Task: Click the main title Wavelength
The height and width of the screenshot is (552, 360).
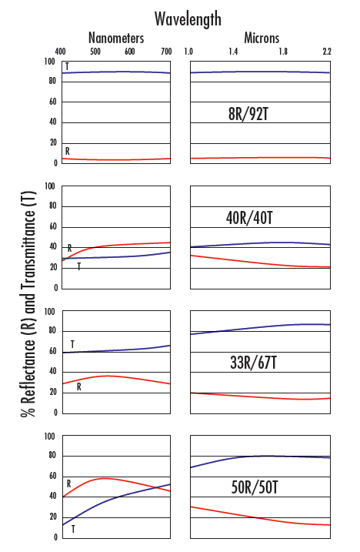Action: [x=188, y=19]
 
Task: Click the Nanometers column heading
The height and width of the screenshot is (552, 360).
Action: [x=116, y=38]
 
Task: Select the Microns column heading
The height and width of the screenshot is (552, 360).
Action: [x=262, y=38]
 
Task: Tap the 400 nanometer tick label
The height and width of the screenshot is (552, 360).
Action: [x=60, y=52]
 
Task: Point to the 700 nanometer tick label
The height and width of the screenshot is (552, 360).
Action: [x=166, y=52]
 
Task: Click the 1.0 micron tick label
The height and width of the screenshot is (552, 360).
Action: [x=188, y=52]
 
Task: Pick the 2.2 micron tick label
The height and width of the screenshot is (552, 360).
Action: [x=327, y=52]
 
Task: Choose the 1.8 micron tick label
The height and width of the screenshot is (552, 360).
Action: [x=283, y=52]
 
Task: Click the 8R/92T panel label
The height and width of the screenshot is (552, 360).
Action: [x=248, y=114]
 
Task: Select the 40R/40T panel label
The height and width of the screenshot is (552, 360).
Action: [x=249, y=218]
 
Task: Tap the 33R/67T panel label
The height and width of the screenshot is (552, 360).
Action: [x=253, y=363]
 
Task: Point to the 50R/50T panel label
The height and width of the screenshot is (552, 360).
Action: [x=255, y=487]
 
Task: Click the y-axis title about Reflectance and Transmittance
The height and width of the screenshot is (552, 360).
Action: [x=28, y=304]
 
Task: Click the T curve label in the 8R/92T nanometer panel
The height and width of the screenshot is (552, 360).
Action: [x=67, y=66]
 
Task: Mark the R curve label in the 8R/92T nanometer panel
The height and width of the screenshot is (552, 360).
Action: [x=68, y=152]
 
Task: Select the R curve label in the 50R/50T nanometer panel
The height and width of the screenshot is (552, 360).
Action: [x=69, y=484]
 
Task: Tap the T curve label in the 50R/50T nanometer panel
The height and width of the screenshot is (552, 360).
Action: [x=73, y=529]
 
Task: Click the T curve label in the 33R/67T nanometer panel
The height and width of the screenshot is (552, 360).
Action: [x=72, y=344]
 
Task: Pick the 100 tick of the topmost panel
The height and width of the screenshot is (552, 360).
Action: [x=50, y=62]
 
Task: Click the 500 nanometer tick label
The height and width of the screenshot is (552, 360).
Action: [x=95, y=52]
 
